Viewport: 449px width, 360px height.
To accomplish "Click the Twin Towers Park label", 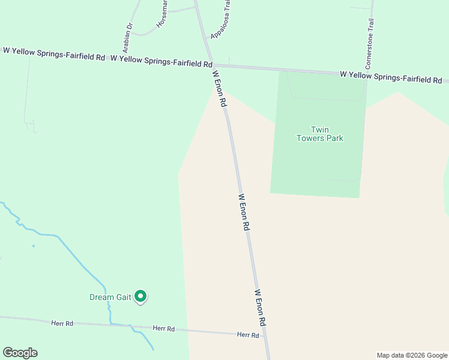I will tap(319, 134).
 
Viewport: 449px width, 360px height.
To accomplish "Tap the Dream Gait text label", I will tap(109, 297).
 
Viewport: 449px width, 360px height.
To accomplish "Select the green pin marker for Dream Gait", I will tap(140, 296).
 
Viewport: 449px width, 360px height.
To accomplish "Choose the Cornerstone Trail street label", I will tap(370, 43).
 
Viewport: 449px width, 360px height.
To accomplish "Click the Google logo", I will tap(20, 353).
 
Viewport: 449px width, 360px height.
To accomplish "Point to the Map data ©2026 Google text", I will tap(412, 355).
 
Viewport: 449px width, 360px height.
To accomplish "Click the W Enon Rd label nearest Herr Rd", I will tap(260, 307).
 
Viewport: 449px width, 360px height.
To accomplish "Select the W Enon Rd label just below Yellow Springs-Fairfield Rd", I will tap(220, 89).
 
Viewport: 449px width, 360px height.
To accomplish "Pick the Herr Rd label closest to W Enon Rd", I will tap(248, 335).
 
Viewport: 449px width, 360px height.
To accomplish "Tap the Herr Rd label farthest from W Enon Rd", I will tap(62, 323).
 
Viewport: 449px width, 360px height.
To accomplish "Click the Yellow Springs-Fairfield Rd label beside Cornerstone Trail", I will tap(391, 77).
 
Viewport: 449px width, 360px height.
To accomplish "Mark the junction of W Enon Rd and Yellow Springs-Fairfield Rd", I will tap(211, 65).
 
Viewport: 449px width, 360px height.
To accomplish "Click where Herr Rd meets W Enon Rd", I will tap(265, 336).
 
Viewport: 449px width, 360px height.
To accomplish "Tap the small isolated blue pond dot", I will tap(33, 245).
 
